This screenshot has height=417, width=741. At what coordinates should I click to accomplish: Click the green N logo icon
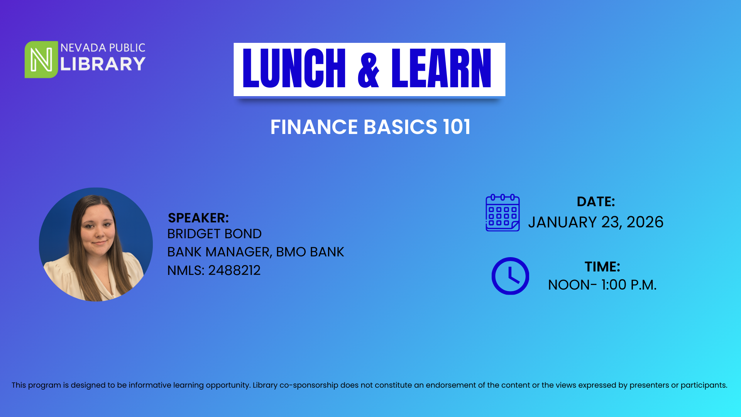point(41,59)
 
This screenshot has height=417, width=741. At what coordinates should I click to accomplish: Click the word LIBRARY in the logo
point(103,64)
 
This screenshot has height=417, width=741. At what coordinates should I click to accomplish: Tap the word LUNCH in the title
point(294,69)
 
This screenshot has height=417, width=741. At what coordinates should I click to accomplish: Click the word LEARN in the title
point(441,69)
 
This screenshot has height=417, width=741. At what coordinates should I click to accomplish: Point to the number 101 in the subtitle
point(457,127)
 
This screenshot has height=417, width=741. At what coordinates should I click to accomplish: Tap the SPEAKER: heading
point(198,218)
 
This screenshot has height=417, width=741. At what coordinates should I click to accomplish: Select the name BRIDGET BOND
point(214,234)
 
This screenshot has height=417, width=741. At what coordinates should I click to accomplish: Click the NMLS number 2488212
point(234,270)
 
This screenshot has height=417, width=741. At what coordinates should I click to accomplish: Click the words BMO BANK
point(310,252)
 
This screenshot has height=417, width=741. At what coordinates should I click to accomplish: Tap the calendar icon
point(502,213)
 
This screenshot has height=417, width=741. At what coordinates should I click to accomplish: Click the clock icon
point(510,276)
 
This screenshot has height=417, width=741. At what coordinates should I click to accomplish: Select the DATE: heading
point(596,202)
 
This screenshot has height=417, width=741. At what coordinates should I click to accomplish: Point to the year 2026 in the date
point(645,222)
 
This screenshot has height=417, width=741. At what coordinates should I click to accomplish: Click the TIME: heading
point(602,267)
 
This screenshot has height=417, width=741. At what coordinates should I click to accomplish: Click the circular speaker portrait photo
point(96,244)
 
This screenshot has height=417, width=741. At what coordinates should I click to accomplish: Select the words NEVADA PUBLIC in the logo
point(103,48)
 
